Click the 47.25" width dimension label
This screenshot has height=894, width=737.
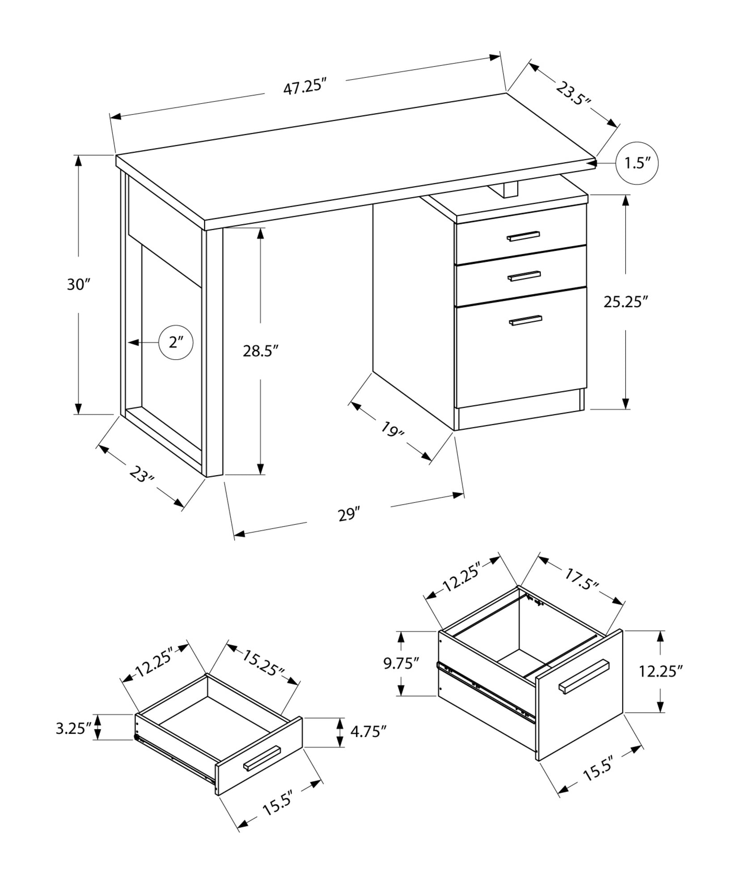pyautogui.click(x=303, y=86)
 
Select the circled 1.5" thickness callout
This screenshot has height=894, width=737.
pyautogui.click(x=637, y=163)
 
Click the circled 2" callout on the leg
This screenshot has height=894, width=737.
pyautogui.click(x=176, y=343)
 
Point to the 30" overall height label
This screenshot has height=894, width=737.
pyautogui.click(x=79, y=284)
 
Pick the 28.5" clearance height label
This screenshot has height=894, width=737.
pyautogui.click(x=261, y=351)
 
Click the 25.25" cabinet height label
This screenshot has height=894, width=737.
pyautogui.click(x=626, y=302)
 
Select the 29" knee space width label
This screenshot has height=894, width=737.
pyautogui.click(x=349, y=514)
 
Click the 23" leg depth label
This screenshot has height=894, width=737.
pyautogui.click(x=141, y=475)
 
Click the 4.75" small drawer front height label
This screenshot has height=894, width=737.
pyautogui.click(x=368, y=732)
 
